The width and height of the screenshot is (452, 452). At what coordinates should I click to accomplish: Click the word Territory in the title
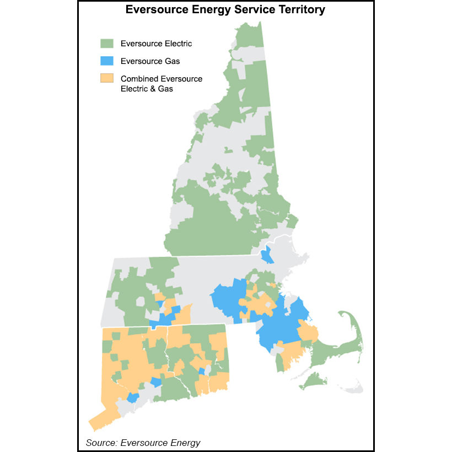(298, 10)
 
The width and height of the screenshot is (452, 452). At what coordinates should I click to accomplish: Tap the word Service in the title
(246, 10)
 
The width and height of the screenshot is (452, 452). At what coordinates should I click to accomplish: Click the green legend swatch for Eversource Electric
(106, 43)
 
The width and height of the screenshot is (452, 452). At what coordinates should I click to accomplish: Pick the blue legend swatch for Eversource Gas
(106, 61)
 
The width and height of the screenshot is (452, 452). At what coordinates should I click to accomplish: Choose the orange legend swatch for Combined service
(106, 79)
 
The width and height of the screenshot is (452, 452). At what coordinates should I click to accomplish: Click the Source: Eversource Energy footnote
(143, 443)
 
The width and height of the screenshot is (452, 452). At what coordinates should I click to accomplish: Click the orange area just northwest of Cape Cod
(308, 332)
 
